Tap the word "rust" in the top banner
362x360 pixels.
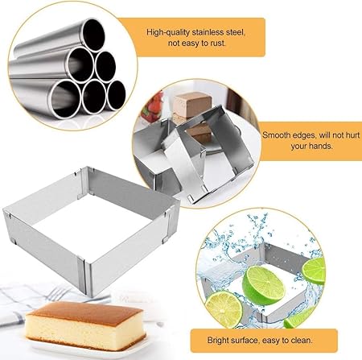[x=217, y=43]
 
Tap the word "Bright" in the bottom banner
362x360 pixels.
[x=218, y=341]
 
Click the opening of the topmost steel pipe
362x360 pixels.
[x=93, y=35]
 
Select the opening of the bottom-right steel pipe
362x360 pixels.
[x=117, y=94]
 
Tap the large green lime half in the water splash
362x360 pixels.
[x=263, y=285]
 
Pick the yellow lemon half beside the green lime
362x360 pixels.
[x=224, y=309]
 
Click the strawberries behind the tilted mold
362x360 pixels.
[x=153, y=107]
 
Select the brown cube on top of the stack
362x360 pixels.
[x=191, y=104]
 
